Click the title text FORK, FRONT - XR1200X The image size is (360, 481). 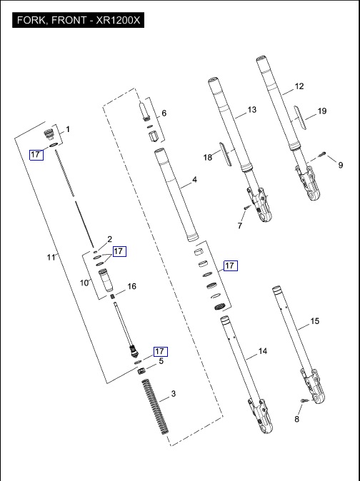point(79,20)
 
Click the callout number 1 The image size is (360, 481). point(68,129)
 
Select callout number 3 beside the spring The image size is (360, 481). point(174,393)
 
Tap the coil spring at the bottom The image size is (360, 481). point(155,407)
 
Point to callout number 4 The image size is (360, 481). point(194,179)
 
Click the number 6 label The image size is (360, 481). point(164,113)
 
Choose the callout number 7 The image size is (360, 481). point(240,226)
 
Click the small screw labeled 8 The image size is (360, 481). point(304,400)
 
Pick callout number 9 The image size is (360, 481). point(341,165)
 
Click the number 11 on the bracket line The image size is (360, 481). point(51,257)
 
